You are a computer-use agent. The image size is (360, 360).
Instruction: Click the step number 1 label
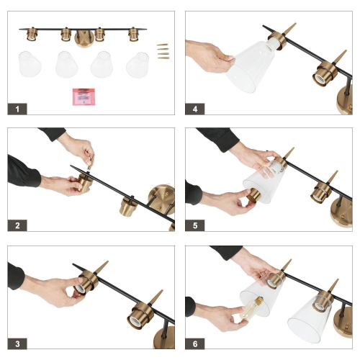pos(17,109)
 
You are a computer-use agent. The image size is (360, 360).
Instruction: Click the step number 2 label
pos(17,225)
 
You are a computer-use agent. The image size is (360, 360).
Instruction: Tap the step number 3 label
pos(17,343)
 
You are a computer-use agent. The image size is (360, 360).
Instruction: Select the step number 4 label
pos(195,109)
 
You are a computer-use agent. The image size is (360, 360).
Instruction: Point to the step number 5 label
pos(195,225)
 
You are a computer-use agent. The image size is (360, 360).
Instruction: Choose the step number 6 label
pos(195,343)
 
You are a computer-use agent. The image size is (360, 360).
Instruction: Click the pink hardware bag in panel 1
pos(84,96)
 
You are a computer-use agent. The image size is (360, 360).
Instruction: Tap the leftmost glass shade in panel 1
pos(30,64)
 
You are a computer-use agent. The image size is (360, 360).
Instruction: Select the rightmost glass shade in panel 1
pos(138,65)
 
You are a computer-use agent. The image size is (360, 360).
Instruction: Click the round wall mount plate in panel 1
pos(84,39)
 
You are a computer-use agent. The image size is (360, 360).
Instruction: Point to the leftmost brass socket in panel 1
pos(31,34)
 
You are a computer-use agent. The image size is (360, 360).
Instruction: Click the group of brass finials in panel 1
pos(163,51)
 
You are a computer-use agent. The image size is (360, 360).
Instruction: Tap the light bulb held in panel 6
pos(251,308)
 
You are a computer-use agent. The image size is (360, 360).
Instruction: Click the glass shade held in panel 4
pos(250,66)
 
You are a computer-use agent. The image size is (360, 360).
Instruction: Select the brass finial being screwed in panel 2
pos(91,162)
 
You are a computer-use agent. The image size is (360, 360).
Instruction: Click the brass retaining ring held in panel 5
pos(253,195)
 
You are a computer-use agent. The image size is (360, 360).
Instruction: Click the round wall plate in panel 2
pos(161,199)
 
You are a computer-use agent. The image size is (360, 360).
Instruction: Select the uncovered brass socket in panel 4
pos(323,73)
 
